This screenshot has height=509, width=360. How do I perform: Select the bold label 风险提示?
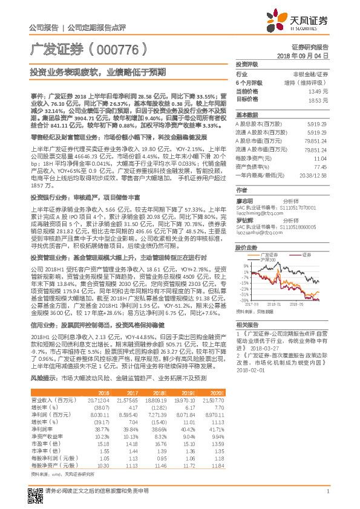(41, 377)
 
